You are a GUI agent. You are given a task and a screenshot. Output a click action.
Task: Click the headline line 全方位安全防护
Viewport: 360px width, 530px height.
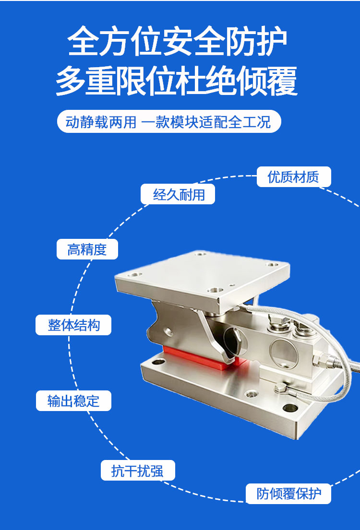pyautogui.click(x=177, y=42)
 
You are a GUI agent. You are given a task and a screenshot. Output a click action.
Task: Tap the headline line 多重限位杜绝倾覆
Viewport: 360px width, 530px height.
pyautogui.click(x=177, y=81)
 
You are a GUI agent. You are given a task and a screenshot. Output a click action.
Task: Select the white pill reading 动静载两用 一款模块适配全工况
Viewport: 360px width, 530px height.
pyautogui.click(x=169, y=121)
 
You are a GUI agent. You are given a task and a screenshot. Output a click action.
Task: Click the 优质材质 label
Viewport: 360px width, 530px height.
pyautogui.click(x=294, y=177)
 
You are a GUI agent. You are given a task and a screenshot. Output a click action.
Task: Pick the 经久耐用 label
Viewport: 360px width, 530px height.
pyautogui.click(x=178, y=194)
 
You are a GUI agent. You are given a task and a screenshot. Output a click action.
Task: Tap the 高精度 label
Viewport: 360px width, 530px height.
pyautogui.click(x=87, y=249)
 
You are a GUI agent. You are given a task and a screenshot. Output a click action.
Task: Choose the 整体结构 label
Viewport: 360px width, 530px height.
pyautogui.click(x=73, y=325)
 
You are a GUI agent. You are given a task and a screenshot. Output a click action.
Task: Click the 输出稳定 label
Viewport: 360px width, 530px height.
pyautogui.click(x=73, y=401)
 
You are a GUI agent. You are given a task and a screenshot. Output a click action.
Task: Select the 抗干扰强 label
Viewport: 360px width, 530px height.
pyautogui.click(x=138, y=471)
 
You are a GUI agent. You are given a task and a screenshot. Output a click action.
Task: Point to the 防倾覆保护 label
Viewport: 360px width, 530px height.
pyautogui.click(x=288, y=494)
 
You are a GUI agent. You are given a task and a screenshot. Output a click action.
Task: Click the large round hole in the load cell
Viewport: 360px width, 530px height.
pyautogui.click(x=284, y=353)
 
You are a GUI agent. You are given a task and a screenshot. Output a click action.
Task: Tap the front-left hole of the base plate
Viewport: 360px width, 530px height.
pyautogui.click(x=158, y=363)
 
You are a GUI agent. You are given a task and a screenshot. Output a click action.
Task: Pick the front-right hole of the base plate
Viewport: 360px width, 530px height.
pyautogui.click(x=290, y=408)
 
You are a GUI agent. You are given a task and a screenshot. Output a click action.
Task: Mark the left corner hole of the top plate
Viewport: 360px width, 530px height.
pyautogui.click(x=134, y=275)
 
